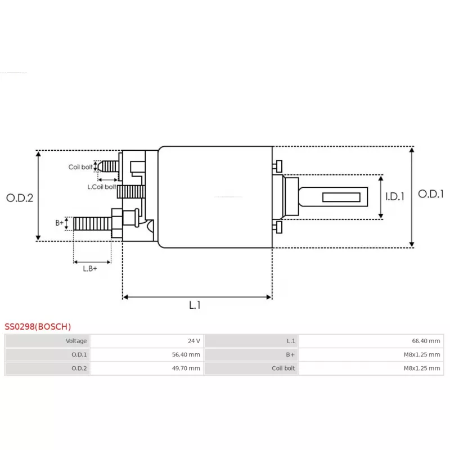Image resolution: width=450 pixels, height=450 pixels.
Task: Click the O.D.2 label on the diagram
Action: [20, 198]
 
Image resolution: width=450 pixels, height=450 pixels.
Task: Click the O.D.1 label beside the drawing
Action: [431, 193]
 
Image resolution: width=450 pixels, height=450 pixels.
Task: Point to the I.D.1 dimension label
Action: [395, 196]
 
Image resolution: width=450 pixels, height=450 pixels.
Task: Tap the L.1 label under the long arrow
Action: [195, 305]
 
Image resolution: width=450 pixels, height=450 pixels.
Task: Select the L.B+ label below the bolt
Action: [90, 269]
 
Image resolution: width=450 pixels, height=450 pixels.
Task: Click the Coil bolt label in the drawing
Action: [80, 166]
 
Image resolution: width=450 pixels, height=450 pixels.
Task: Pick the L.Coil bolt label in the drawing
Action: [102, 187]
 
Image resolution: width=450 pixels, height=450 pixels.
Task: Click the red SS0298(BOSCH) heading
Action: [38, 326]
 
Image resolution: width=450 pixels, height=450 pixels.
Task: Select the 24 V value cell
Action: [194, 341]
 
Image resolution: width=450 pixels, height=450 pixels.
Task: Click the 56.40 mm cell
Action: [186, 354]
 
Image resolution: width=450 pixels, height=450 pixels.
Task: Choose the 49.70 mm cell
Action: [186, 368]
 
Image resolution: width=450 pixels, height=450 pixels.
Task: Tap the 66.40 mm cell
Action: [426, 341]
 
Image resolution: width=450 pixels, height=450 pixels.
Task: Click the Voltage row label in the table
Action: [76, 341]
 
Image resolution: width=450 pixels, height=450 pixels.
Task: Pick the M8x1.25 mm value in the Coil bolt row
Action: [421, 368]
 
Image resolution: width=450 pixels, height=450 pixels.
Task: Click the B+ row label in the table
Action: [290, 354]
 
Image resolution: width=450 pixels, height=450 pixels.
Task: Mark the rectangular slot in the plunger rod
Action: [341, 197]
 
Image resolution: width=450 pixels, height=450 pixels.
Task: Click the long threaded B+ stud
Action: [92, 223]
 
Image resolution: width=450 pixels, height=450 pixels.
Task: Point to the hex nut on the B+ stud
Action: [117, 223]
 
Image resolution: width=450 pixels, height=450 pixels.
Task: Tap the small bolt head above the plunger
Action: [277, 166]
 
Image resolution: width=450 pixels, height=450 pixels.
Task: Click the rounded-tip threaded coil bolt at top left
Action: [108, 166]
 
